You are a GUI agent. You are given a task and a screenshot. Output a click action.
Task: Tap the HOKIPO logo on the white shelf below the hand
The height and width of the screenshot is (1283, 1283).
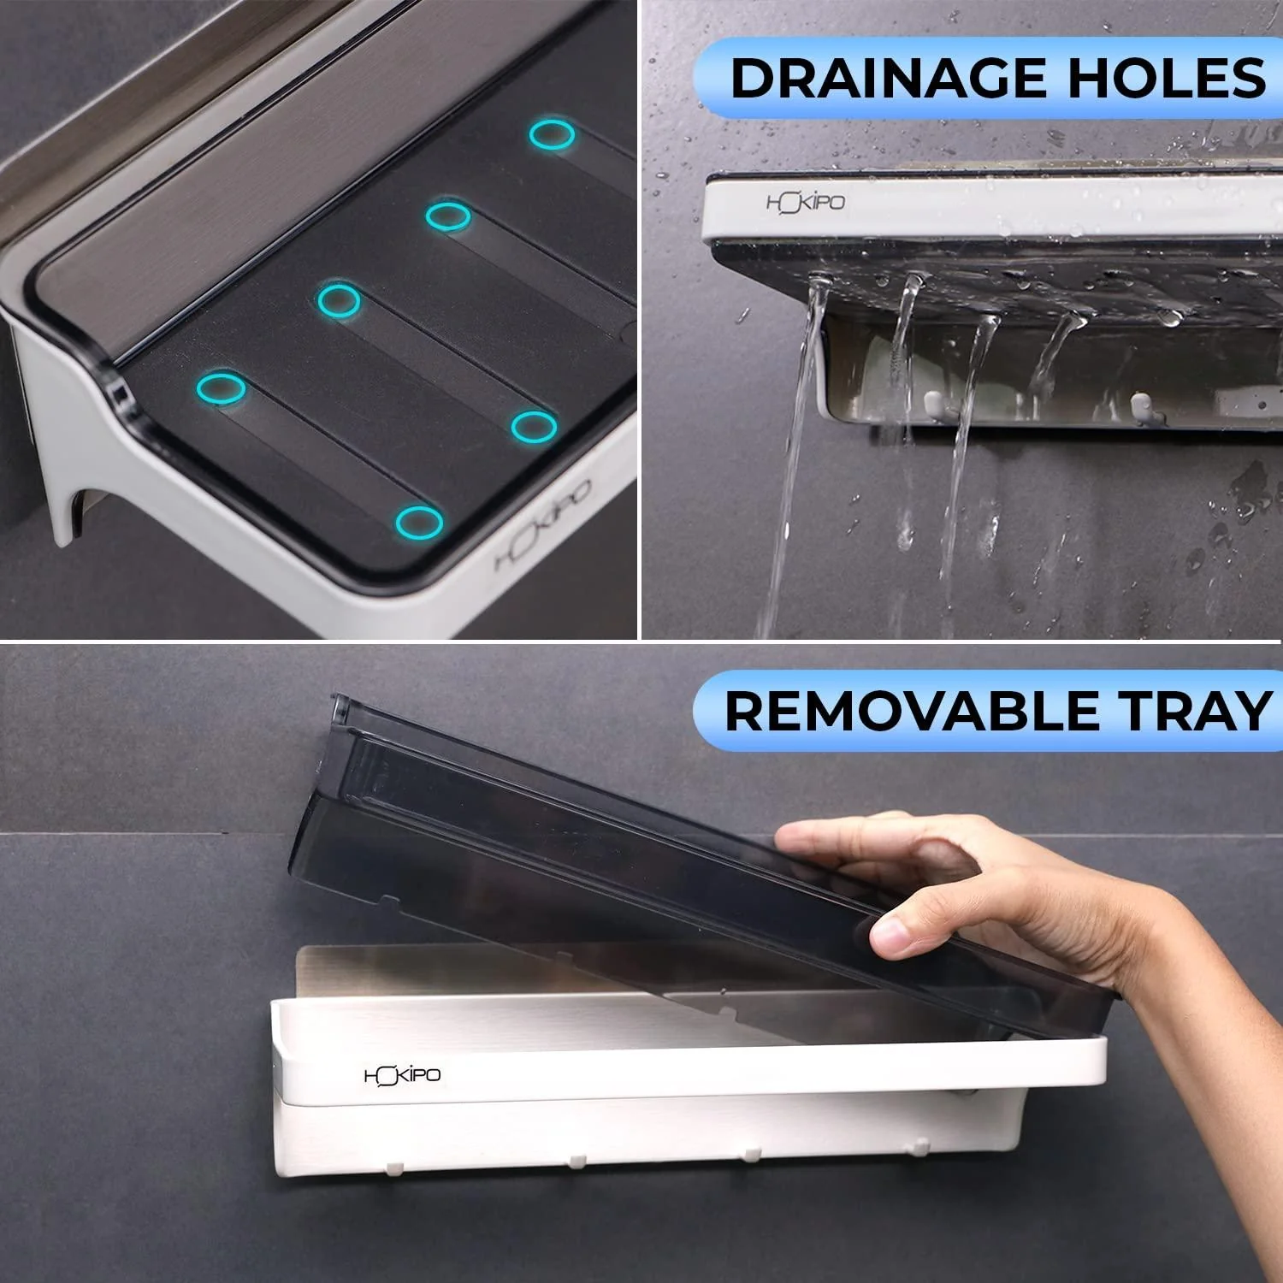[403, 1075]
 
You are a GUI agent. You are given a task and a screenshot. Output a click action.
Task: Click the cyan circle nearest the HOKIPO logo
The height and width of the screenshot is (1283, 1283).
[419, 522]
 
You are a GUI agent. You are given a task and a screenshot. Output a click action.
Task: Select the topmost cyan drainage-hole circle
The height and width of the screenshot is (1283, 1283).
[551, 135]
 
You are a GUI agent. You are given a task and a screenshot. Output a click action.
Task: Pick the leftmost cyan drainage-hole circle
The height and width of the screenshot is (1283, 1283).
[221, 388]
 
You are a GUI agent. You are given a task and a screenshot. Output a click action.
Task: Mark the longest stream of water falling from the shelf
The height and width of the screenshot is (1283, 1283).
[791, 462]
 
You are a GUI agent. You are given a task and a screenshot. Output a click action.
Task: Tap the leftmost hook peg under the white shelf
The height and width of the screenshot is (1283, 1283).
[394, 1168]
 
